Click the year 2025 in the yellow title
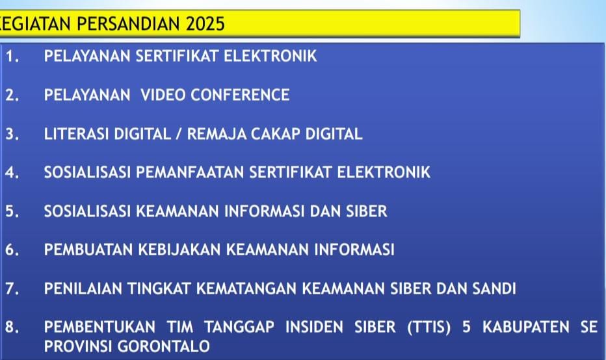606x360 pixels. [x=205, y=24]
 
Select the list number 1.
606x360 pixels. [x=11, y=57]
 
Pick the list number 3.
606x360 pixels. [x=11, y=135]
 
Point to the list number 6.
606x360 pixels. [x=11, y=250]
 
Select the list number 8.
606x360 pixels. [x=11, y=327]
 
